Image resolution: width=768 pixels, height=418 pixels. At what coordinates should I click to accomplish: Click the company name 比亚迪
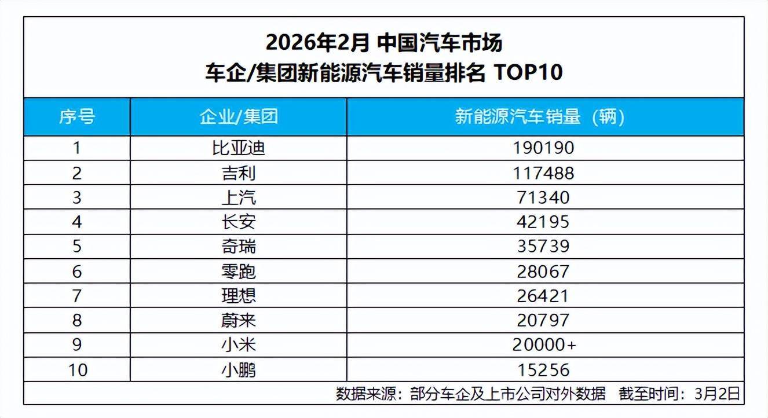pos(238,148)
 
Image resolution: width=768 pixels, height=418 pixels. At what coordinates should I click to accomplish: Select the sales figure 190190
pos(543,148)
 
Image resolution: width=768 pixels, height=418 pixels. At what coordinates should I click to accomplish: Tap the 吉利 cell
pos(238,173)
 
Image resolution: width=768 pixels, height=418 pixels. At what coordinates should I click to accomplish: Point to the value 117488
pos(543,173)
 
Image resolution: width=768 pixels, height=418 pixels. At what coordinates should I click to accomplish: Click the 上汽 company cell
pos(238,198)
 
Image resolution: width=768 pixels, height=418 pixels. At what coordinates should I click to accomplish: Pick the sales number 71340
pos(543,198)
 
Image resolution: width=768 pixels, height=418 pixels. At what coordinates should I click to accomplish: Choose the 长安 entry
pos(238,222)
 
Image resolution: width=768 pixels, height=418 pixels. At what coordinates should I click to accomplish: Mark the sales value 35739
pos(543,247)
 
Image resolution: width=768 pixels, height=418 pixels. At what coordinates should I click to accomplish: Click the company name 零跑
pos(238,272)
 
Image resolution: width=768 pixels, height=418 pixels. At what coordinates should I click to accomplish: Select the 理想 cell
pos(238,296)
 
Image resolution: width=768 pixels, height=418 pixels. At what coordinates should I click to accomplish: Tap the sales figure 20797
pos(543,320)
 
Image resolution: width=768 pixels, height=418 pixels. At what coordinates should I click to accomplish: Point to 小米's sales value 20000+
pos(544,345)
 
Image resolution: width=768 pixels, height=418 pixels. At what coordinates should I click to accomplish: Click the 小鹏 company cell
pos(238,369)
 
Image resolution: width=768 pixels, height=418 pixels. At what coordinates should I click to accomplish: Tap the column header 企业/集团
pos(238,117)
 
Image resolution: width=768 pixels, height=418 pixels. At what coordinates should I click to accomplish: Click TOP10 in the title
pos(528,74)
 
